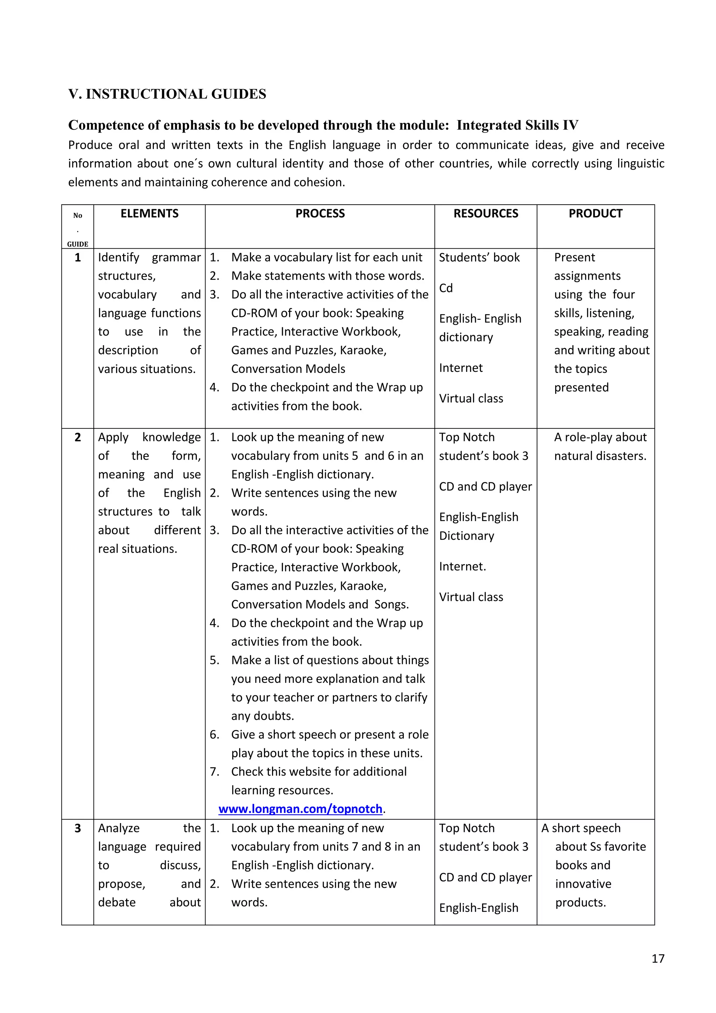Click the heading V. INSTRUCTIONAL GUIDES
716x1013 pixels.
[167, 94]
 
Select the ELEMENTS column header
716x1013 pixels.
[150, 213]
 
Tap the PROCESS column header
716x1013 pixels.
[320, 213]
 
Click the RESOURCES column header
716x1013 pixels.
[486, 213]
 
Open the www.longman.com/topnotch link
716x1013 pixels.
[300, 809]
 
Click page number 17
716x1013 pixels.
[658, 958]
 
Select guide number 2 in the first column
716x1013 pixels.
[78, 437]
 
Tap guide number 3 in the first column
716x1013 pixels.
[78, 828]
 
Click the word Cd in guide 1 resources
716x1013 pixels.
[446, 288]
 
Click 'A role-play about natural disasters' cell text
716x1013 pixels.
[600, 446]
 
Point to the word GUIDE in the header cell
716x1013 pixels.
[78, 244]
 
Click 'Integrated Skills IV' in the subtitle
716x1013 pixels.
[517, 125]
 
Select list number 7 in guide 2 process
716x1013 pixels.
[214, 772]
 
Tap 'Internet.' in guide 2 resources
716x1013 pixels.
[463, 567]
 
